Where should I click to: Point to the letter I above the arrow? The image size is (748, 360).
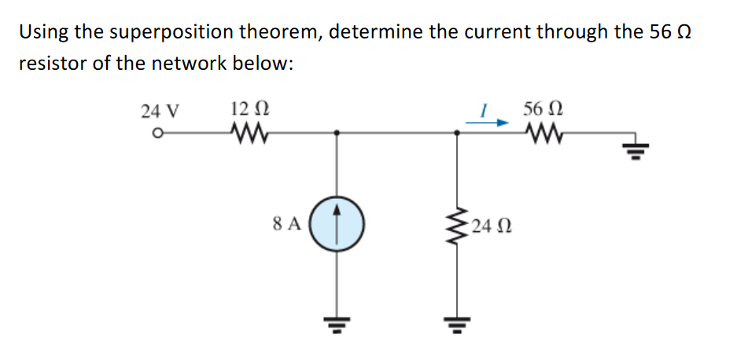[486, 110]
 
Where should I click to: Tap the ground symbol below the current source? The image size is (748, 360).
[337, 321]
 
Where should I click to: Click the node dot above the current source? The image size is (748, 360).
[337, 134]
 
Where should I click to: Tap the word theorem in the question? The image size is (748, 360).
[288, 32]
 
